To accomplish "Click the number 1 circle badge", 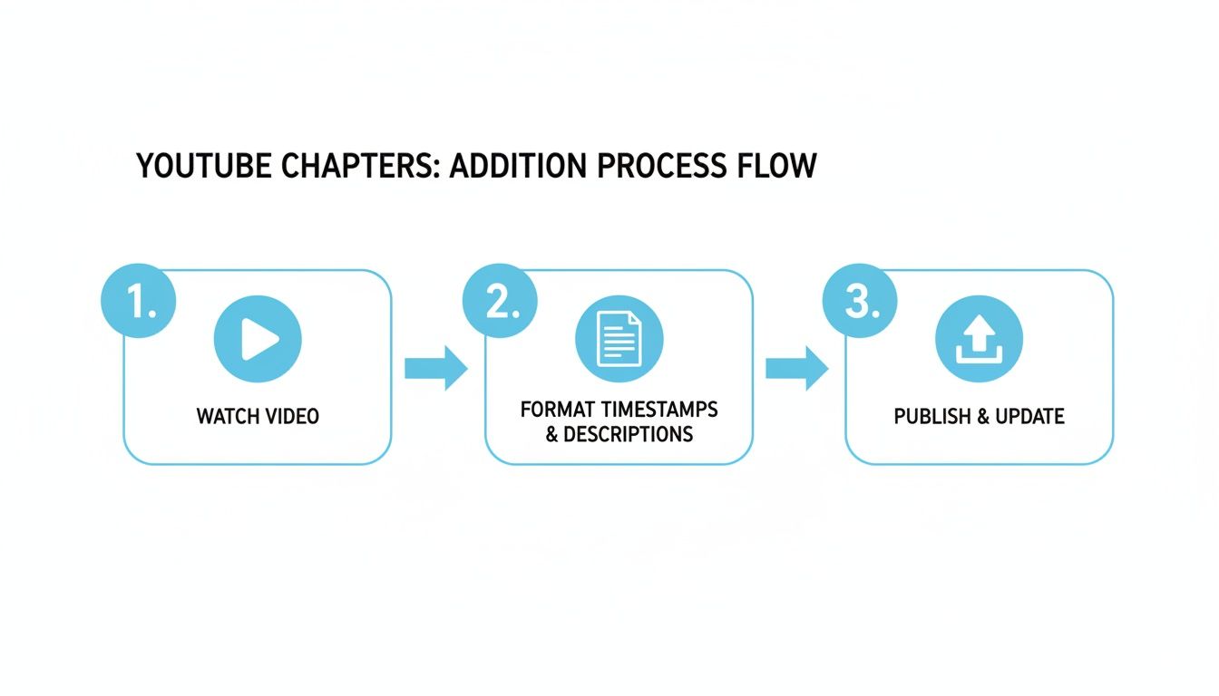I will (138, 302).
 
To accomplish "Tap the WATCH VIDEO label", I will (258, 416).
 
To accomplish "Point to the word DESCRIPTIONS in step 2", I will (629, 434).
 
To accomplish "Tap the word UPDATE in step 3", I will (1029, 416).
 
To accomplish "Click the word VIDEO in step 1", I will (291, 416).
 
